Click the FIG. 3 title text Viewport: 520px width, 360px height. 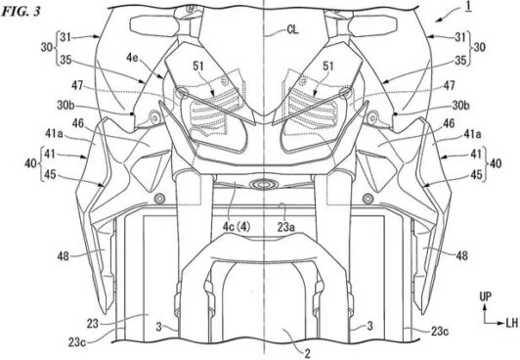click(x=21, y=12)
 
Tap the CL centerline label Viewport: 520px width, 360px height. click(x=292, y=30)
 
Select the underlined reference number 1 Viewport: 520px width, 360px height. click(x=468, y=7)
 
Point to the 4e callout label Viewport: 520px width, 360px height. click(x=132, y=58)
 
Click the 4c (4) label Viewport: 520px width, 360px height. click(x=237, y=227)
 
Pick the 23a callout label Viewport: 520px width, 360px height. click(x=286, y=227)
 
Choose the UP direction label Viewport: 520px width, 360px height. click(x=486, y=296)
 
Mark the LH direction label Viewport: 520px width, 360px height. click(x=512, y=323)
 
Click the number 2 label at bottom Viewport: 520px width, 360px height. click(x=308, y=354)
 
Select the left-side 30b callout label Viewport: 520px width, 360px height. click(x=66, y=106)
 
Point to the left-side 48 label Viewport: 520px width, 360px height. click(x=63, y=256)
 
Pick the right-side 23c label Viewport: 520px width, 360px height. click(x=440, y=331)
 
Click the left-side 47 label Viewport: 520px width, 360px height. click(x=77, y=86)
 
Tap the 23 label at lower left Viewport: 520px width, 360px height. click(x=93, y=323)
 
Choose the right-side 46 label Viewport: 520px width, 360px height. click(x=449, y=123)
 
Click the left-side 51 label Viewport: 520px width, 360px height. click(x=198, y=67)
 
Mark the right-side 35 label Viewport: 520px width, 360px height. click(x=460, y=60)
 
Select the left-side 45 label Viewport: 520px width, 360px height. click(x=50, y=174)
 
